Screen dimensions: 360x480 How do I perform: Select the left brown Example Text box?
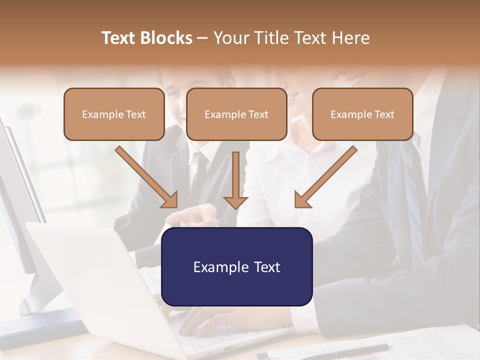114,114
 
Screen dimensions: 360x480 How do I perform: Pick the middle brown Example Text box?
236,114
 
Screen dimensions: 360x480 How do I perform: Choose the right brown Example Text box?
362,114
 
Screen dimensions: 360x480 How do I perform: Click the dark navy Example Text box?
237,267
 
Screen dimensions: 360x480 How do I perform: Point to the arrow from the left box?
146,177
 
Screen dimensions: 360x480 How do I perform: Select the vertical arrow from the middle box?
235,180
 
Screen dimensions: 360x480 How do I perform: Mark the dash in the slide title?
202,38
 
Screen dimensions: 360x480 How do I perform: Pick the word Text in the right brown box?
384,114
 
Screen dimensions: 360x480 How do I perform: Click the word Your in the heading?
230,38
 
